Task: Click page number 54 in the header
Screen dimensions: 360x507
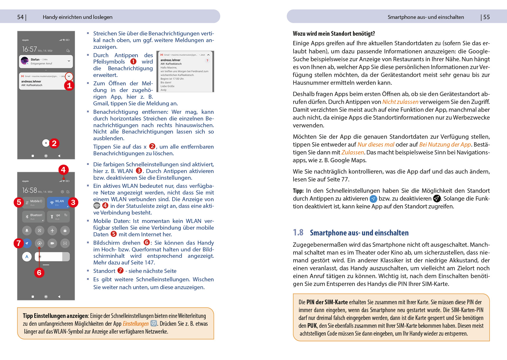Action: (20, 17)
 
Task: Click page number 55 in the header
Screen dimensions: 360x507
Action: (486, 17)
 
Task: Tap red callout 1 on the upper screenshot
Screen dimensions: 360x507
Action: (69, 86)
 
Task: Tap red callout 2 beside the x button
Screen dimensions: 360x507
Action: (54, 143)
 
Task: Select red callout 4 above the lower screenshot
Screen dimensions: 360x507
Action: (63, 170)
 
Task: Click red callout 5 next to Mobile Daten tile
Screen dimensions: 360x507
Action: (19, 202)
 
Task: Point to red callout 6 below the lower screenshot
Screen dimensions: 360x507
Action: (39, 273)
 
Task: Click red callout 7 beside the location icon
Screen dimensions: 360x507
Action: (19, 243)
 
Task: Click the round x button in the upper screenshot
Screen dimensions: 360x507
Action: (46, 143)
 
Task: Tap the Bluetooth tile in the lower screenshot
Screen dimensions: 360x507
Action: (34, 217)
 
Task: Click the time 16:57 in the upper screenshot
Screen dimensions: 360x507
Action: (30, 49)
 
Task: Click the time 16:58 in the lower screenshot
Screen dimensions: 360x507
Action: (30, 190)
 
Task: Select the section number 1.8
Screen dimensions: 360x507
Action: (298, 233)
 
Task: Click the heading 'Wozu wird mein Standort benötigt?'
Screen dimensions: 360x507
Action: (334, 34)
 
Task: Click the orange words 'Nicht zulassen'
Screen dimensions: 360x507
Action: (400, 102)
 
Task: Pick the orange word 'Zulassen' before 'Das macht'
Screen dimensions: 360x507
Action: (352, 152)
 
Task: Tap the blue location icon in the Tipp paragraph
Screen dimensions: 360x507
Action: (373, 199)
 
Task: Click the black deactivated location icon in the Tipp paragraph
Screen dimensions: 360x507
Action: (437, 199)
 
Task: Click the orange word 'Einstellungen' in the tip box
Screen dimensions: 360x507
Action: (135, 324)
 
